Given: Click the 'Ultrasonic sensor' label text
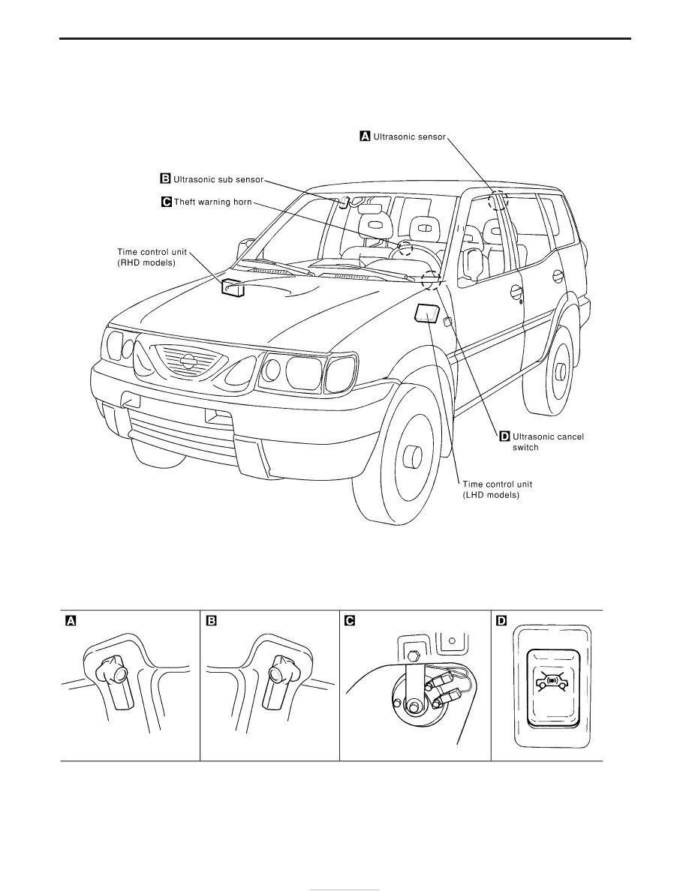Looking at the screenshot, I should coord(409,136).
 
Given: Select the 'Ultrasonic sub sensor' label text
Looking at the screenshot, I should coord(218,179).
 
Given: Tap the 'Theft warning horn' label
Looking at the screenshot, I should coord(212,202).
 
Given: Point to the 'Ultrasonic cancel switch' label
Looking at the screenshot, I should coord(547,441).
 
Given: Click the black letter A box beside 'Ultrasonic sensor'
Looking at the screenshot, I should coord(366,136).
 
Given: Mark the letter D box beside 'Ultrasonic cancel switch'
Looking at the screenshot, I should coord(504,436).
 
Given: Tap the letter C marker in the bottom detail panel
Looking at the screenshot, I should coord(349,620).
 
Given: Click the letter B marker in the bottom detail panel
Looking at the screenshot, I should coord(211,620).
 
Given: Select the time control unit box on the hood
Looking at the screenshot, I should coord(233,287).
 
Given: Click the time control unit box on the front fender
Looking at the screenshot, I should coord(427,313).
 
